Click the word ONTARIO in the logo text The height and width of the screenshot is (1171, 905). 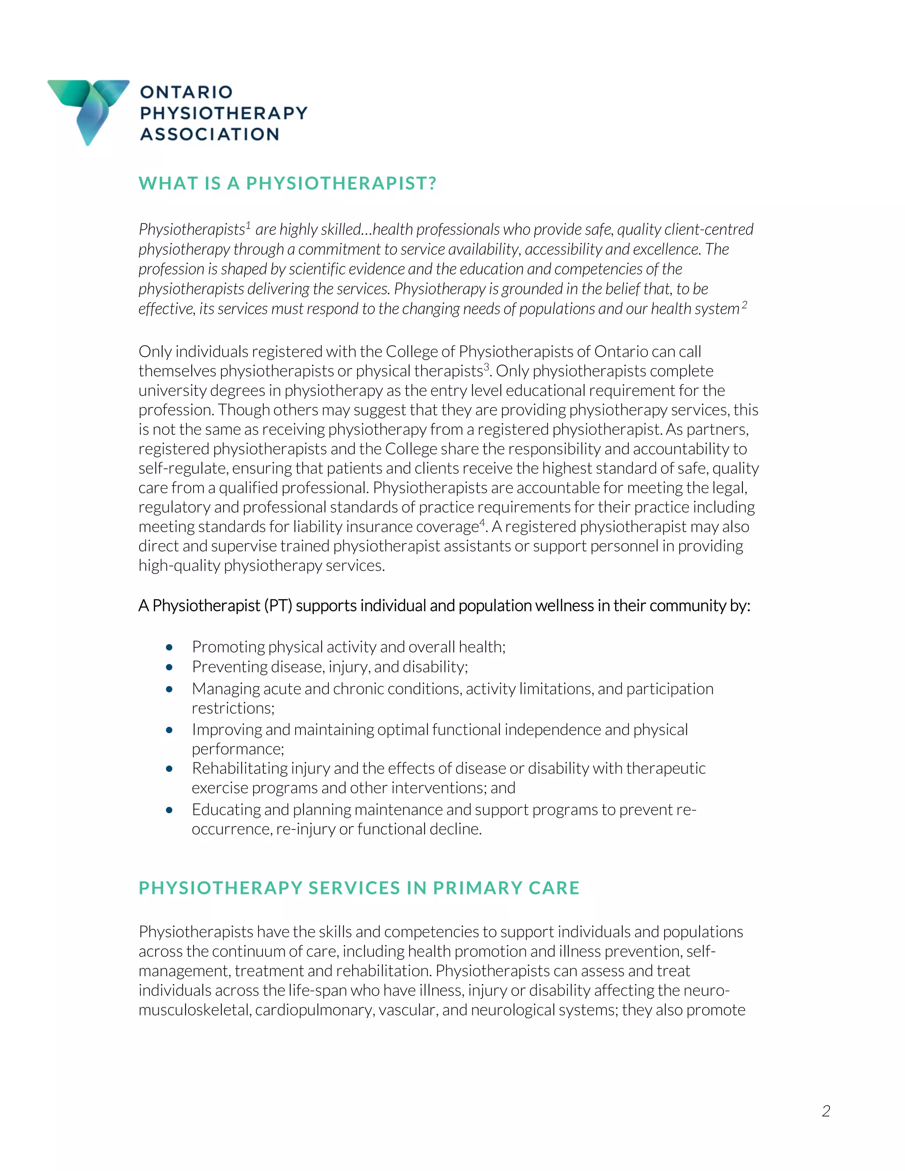[x=186, y=92]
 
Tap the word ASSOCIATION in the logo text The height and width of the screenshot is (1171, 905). [x=209, y=134]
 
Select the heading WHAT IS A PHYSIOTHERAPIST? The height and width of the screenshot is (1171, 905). [x=287, y=183]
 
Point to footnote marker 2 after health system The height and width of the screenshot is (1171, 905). [x=744, y=304]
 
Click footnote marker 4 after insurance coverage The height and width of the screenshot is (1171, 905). [x=482, y=522]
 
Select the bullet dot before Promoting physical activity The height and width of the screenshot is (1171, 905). [x=169, y=647]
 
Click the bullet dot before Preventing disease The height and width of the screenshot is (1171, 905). [x=169, y=667]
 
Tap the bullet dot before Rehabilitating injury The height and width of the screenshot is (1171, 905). [x=169, y=768]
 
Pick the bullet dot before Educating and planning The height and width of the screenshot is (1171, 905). [x=169, y=810]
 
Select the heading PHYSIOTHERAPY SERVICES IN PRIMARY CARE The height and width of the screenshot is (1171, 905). [x=359, y=888]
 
